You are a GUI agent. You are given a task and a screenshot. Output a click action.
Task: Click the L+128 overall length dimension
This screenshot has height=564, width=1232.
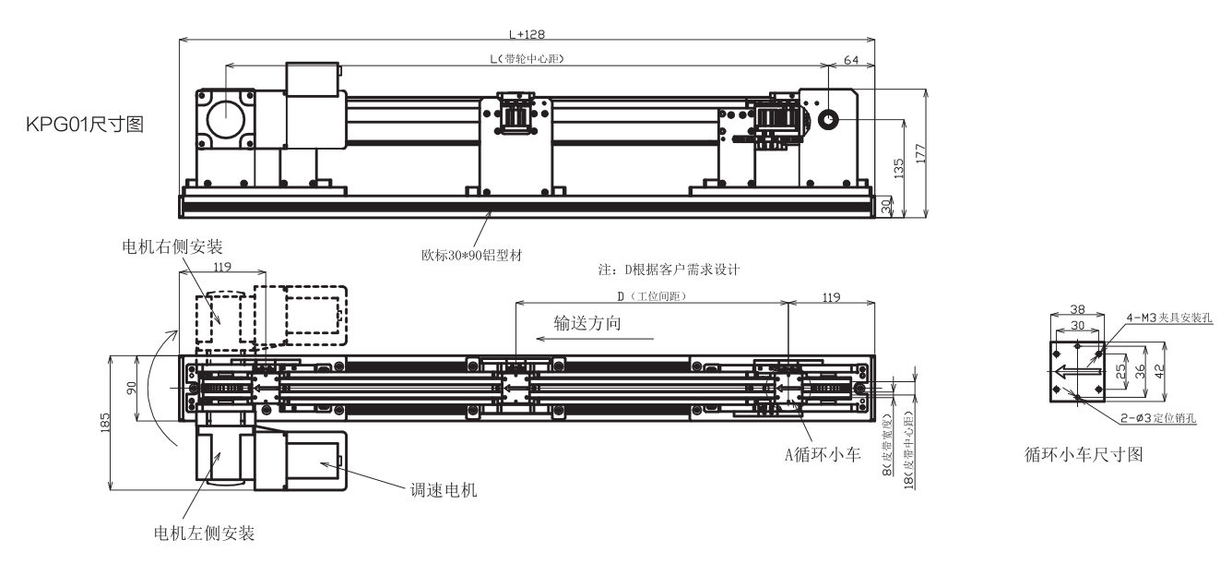[x=527, y=34]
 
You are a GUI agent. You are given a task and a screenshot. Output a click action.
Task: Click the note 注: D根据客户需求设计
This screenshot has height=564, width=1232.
[x=670, y=270]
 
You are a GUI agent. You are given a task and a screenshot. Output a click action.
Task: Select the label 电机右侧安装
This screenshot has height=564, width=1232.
[x=172, y=246]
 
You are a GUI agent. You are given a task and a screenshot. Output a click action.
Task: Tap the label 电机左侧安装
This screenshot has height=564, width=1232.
[x=204, y=533]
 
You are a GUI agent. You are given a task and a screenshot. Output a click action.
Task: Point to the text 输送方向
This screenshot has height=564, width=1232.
[x=587, y=323]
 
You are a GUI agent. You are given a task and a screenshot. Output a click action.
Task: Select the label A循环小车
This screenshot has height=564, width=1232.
[x=821, y=452]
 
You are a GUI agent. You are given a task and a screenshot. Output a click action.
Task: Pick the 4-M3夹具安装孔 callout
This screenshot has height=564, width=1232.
[x=1167, y=317]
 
